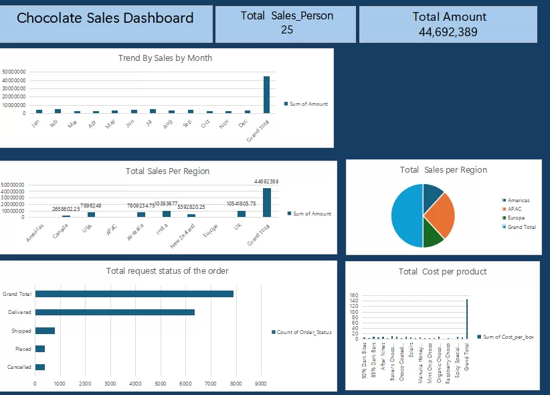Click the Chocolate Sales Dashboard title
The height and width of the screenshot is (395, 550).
click(105, 19)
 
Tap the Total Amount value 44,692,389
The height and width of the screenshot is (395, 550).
click(448, 31)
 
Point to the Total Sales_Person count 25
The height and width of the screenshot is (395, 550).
click(287, 29)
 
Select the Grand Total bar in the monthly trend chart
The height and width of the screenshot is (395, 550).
click(266, 95)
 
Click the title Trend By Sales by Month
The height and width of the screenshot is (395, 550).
click(165, 58)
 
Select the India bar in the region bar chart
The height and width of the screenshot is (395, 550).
click(167, 214)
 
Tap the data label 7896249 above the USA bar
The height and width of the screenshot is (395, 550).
click(90, 206)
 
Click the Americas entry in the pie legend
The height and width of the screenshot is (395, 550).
click(519, 200)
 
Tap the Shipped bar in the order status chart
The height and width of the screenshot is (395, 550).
click(45, 331)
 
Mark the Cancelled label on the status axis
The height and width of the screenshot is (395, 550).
click(19, 367)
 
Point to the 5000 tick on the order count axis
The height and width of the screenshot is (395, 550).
click(161, 384)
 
